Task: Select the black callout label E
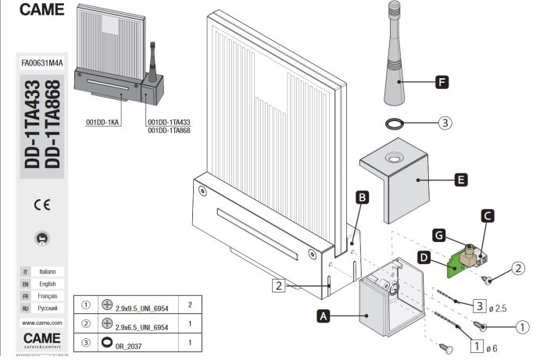(460, 180)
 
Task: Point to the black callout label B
(362, 198)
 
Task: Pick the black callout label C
(487, 214)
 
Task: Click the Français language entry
(47, 297)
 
